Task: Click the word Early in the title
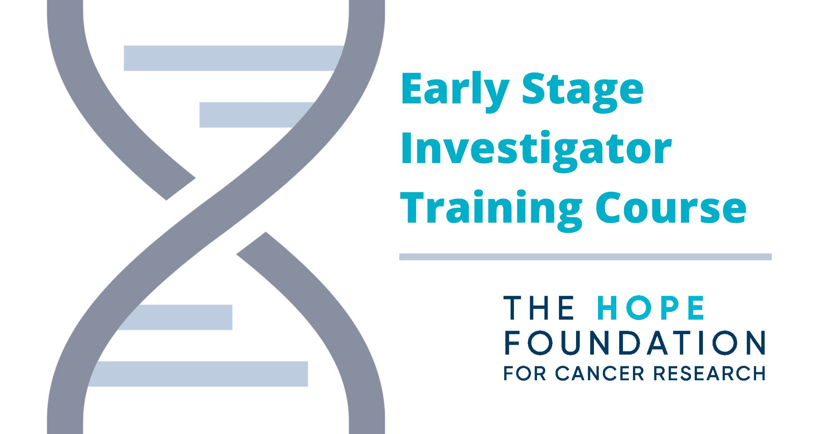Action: (454, 89)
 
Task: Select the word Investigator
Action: (536, 149)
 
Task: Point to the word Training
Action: (491, 208)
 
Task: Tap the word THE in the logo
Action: (539, 308)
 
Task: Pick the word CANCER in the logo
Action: (600, 374)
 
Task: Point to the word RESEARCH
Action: (709, 374)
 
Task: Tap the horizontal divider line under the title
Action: (585, 257)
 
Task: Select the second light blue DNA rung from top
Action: (252, 115)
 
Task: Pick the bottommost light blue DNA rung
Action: (199, 374)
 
